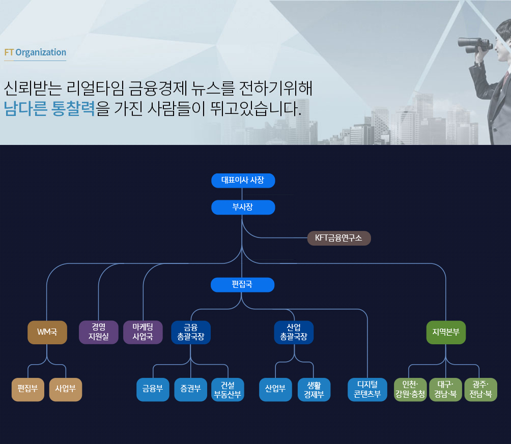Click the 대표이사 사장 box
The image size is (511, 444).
click(x=243, y=181)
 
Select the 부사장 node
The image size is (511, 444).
click(x=243, y=207)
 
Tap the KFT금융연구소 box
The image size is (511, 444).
click(x=339, y=238)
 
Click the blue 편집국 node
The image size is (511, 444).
click(x=242, y=285)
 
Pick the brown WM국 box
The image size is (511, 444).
click(x=47, y=332)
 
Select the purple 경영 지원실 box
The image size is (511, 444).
click(x=98, y=332)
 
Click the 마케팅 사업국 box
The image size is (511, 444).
click(x=143, y=332)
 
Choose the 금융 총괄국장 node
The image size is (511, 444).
click(x=191, y=332)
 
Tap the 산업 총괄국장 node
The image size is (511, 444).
click(x=294, y=332)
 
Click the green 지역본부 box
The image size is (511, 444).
click(x=446, y=332)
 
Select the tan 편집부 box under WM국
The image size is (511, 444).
click(x=27, y=390)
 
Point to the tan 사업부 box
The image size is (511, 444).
click(x=66, y=390)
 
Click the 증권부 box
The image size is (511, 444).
click(x=191, y=390)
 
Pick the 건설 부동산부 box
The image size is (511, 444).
click(x=228, y=390)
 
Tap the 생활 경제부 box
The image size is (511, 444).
click(x=314, y=390)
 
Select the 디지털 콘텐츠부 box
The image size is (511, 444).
click(x=367, y=390)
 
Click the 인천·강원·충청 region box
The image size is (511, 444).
click(x=410, y=390)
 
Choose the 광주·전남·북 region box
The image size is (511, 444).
click(x=480, y=390)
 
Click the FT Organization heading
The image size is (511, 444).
click(x=35, y=52)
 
